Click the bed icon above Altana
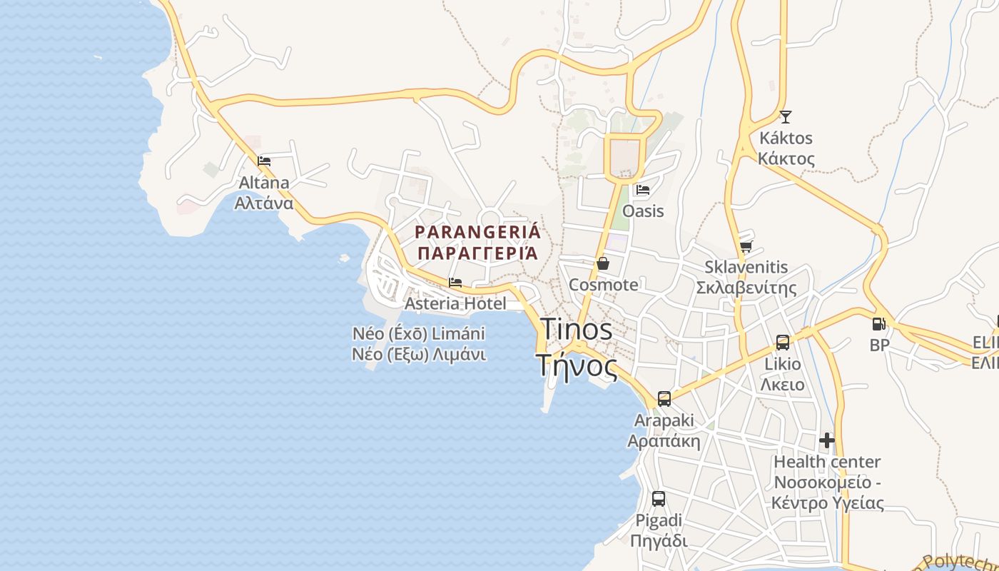(264, 161)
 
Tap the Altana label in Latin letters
(264, 183)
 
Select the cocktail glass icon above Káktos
(786, 116)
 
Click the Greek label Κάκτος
(786, 158)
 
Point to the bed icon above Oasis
(642, 190)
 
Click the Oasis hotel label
(643, 211)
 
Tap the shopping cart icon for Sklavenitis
(746, 247)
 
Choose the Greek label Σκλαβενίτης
(746, 288)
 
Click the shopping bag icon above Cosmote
(603, 263)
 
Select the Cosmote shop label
(604, 285)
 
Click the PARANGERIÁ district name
(478, 232)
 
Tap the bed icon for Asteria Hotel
(455, 283)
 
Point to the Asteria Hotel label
(455, 303)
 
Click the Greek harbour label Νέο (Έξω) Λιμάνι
(419, 354)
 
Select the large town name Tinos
(577, 330)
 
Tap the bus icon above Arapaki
(664, 399)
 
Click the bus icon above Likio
(783, 343)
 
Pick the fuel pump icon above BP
(878, 324)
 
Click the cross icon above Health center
(827, 440)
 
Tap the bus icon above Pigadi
(659, 499)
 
